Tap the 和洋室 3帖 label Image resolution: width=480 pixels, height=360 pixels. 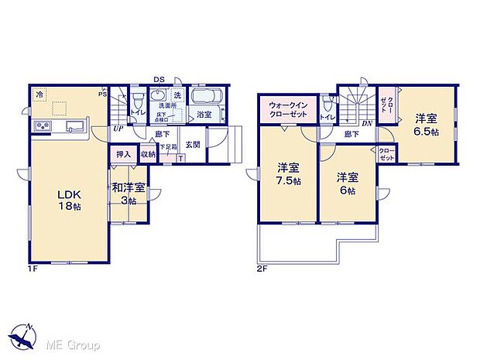pos(124,193)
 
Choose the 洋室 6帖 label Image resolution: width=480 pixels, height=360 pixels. pos(346,184)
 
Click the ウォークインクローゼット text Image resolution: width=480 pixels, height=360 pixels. pos(287,109)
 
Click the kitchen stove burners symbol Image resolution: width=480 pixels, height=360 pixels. pos(43,127)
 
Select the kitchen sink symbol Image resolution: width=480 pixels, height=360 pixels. pos(75,127)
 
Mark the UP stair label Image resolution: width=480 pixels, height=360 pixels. pos(118,129)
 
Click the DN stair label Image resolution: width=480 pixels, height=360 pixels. pos(368,123)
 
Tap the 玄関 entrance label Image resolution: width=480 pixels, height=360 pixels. pos(193,144)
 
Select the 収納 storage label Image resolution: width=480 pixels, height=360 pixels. pos(148,155)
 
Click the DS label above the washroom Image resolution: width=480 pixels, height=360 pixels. pos(158,79)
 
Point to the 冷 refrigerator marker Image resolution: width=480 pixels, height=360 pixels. pos(39,94)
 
